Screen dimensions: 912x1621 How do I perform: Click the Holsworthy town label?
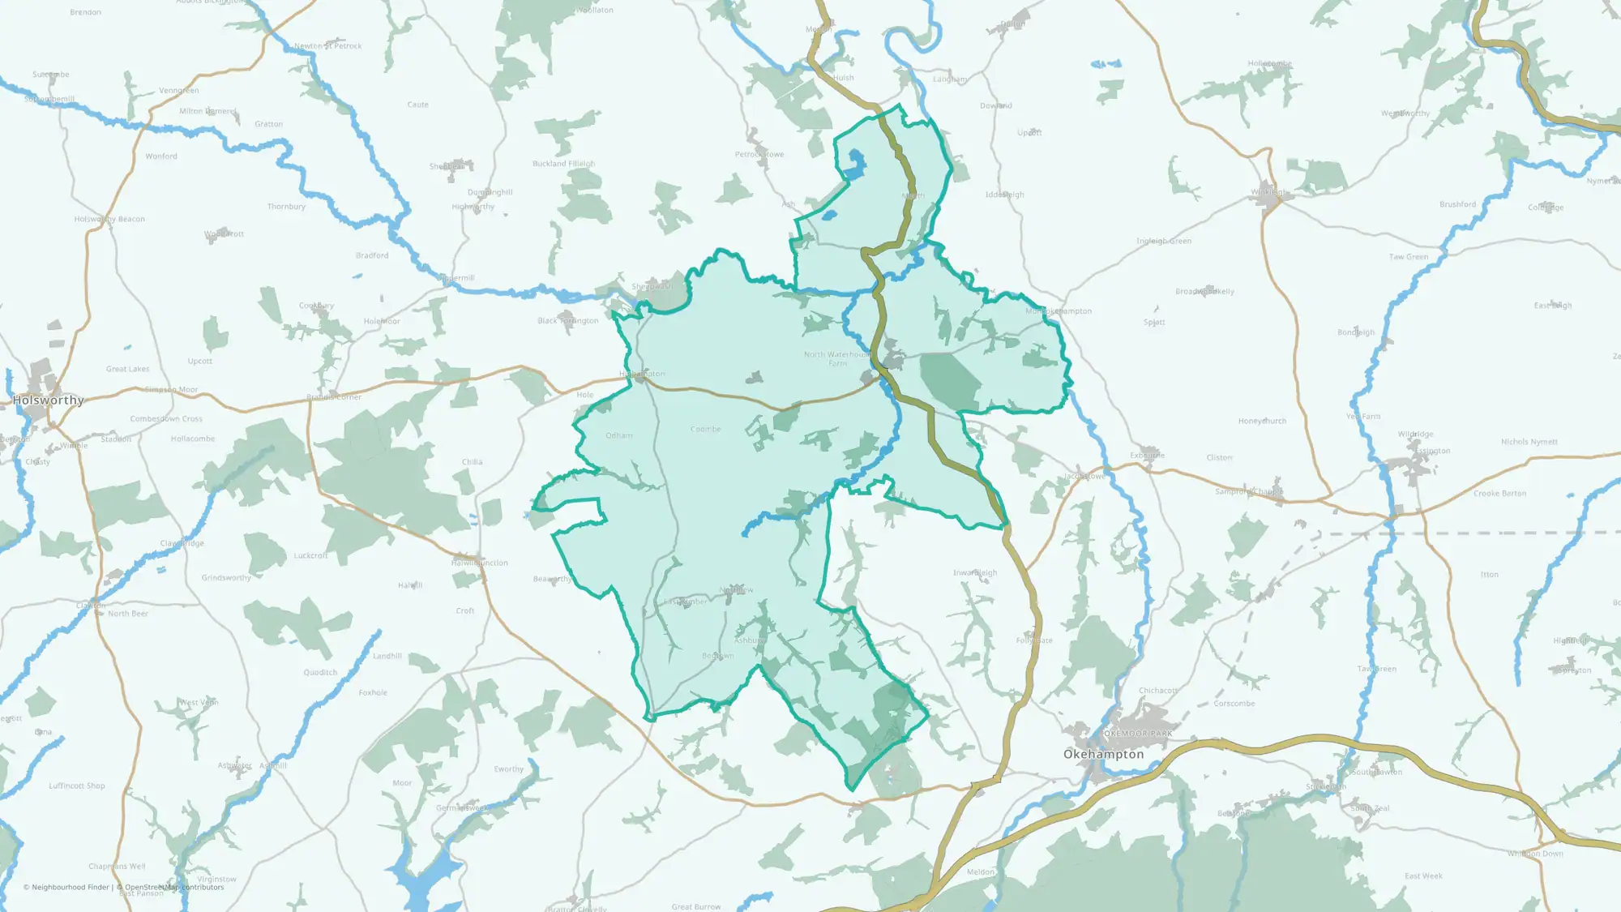[49, 400]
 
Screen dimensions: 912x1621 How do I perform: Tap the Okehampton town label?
[1103, 755]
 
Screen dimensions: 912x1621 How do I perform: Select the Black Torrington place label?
[567, 321]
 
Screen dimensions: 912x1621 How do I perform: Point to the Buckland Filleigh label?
[563, 164]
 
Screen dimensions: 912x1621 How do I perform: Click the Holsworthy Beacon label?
[109, 219]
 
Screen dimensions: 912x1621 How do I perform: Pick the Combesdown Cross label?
[166, 419]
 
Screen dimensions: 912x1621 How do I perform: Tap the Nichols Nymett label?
[1529, 442]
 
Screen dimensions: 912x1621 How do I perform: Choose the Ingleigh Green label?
[1163, 241]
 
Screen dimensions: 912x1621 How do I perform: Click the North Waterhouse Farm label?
[836, 358]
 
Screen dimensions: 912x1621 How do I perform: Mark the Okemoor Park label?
[1138, 734]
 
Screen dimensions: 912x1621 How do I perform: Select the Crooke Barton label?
[1499, 494]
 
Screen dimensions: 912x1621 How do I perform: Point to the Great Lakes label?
[127, 369]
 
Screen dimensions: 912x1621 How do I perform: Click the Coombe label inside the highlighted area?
[705, 429]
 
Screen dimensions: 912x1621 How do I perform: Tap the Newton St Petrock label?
[327, 46]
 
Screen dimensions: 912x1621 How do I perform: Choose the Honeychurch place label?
[1262, 422]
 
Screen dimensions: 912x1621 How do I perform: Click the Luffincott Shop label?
[76, 786]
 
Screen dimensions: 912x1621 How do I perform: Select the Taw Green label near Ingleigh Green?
[1409, 257]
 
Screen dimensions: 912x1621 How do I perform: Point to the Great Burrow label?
[695, 906]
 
